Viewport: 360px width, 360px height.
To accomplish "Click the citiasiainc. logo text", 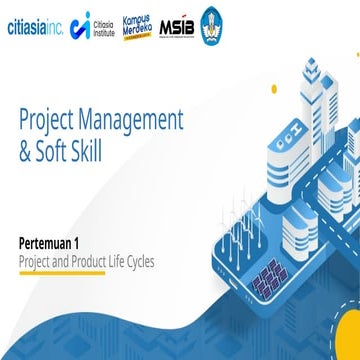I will [33, 27].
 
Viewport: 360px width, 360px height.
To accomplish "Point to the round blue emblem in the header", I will [213, 23].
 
